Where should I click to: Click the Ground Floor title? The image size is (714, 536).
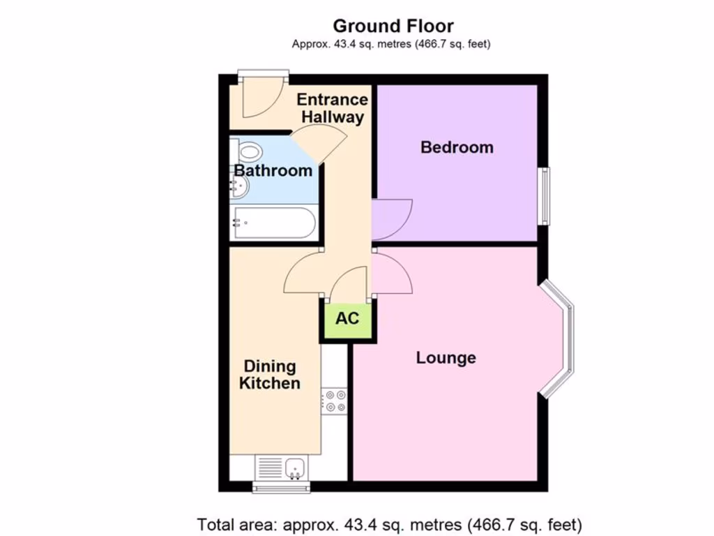[x=393, y=27]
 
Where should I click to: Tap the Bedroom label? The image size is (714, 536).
[x=457, y=147]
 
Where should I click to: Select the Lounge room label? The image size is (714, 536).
[x=446, y=358]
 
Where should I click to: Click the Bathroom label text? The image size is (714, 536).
[x=273, y=171]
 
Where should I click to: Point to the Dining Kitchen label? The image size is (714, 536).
[x=269, y=375]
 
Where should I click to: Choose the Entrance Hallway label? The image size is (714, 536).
[x=333, y=108]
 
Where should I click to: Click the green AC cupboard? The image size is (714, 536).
[x=347, y=319]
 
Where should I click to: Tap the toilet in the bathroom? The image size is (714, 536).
[x=248, y=150]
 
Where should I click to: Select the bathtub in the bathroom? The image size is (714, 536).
[x=274, y=223]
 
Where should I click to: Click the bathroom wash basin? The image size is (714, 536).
[x=238, y=185]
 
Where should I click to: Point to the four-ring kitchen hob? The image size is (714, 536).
[x=334, y=401]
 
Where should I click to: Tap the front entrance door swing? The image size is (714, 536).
[x=259, y=98]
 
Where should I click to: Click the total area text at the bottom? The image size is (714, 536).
[x=389, y=524]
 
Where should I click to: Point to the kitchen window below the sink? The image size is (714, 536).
[x=282, y=486]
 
